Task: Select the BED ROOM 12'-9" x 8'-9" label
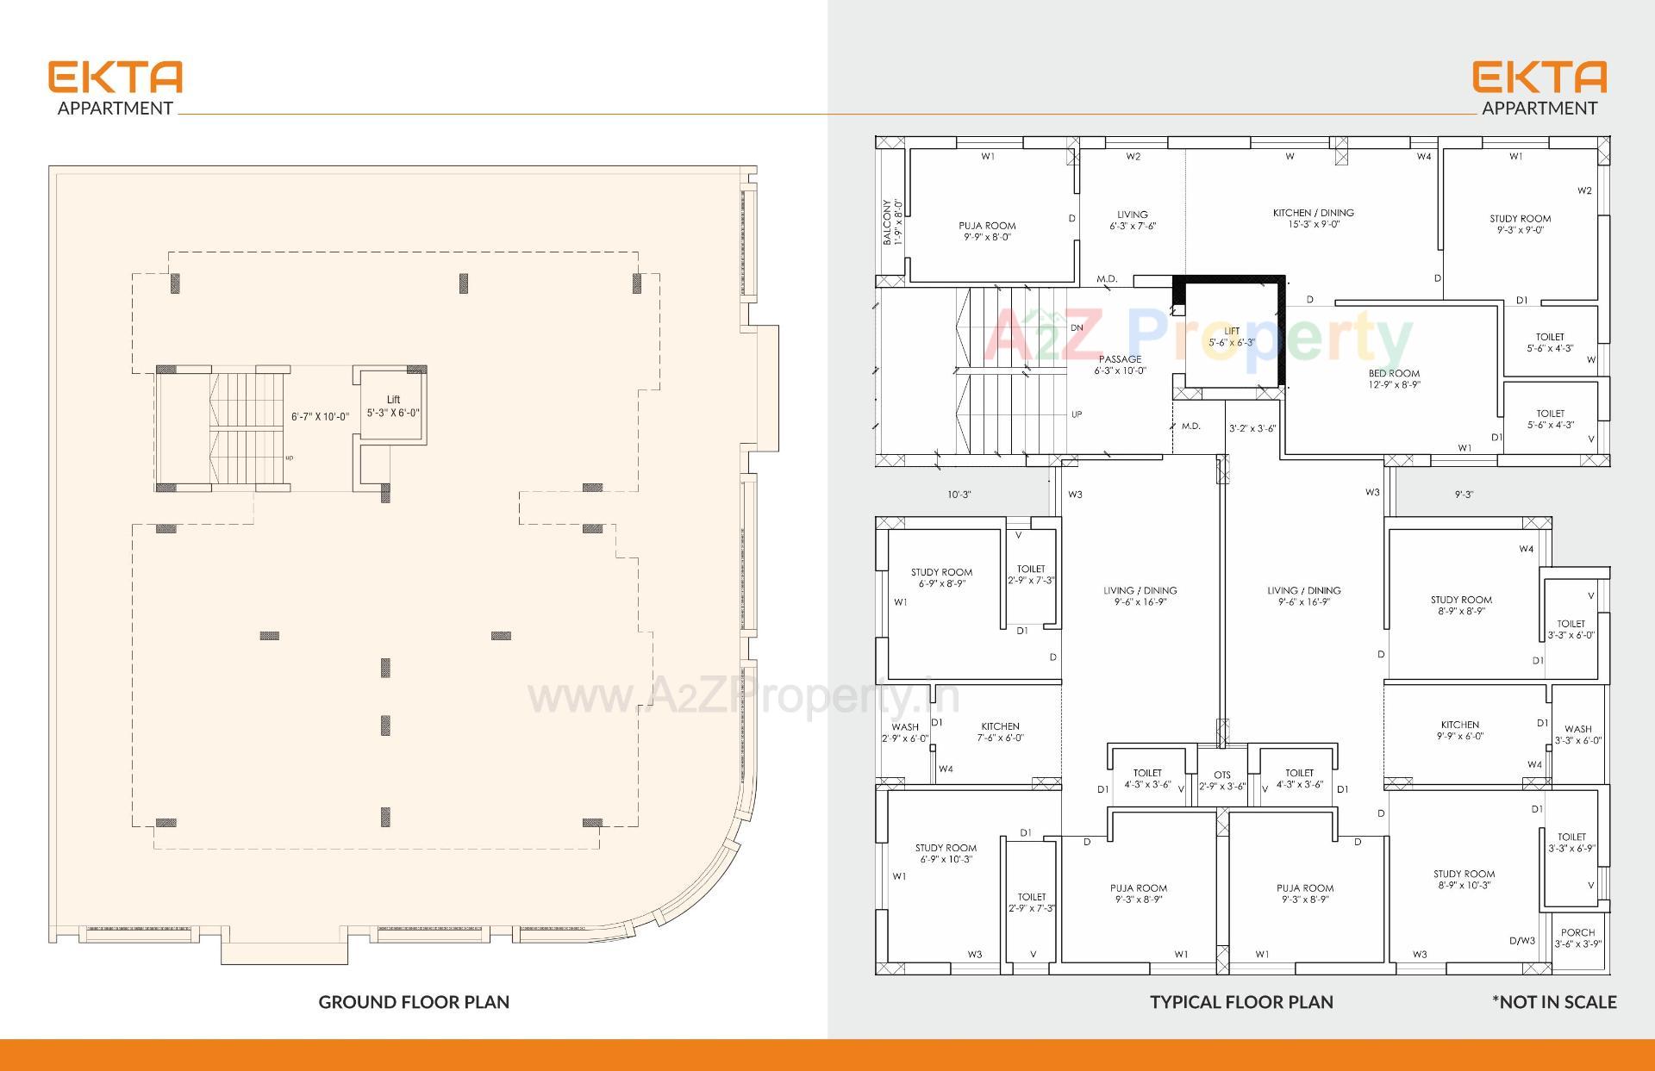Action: point(1394,379)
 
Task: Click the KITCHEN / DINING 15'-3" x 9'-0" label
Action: point(1314,218)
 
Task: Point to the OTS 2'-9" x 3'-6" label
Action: point(1222,781)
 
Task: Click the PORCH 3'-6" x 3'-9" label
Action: point(1577,938)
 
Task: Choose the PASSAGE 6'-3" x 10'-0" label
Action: point(1120,364)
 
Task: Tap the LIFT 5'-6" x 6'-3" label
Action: point(1231,337)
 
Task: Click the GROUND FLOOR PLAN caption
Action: point(414,1002)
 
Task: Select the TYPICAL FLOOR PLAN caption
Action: point(1241,1002)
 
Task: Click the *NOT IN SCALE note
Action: point(1554,1002)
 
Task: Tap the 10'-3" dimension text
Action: point(959,495)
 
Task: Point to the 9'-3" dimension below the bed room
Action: point(1464,495)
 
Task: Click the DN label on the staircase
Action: point(1077,327)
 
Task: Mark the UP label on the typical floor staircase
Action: point(1077,414)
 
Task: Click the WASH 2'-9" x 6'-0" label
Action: point(905,732)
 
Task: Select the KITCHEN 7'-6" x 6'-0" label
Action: point(1000,732)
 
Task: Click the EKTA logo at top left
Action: point(116,78)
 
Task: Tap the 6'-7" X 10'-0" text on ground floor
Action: point(320,417)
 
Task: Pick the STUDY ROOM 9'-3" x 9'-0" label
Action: point(1520,224)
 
